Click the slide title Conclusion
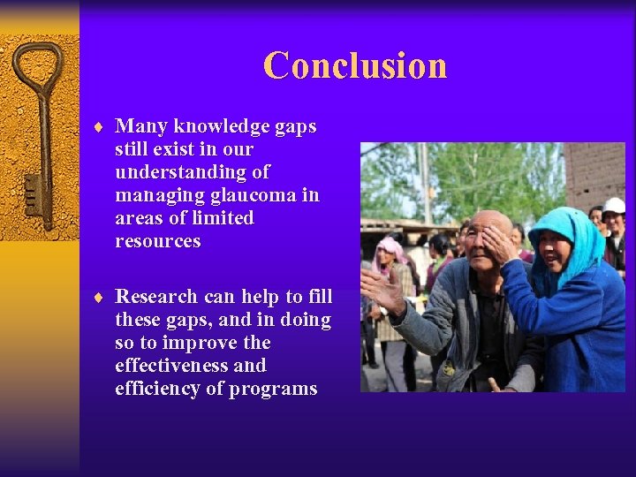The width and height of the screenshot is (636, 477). tap(355, 65)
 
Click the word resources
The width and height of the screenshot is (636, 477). tap(157, 241)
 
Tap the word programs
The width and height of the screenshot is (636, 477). tap(273, 389)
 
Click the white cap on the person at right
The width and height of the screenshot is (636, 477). tap(614, 206)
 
